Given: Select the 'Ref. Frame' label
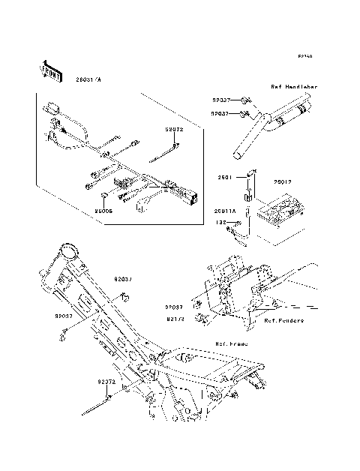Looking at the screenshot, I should (230, 343).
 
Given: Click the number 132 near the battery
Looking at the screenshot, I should (220, 222).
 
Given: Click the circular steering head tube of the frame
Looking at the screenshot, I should (69, 249).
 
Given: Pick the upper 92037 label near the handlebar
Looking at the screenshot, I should (220, 99).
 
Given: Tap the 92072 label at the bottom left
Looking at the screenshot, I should (105, 381).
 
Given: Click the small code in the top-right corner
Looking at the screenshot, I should (304, 56).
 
